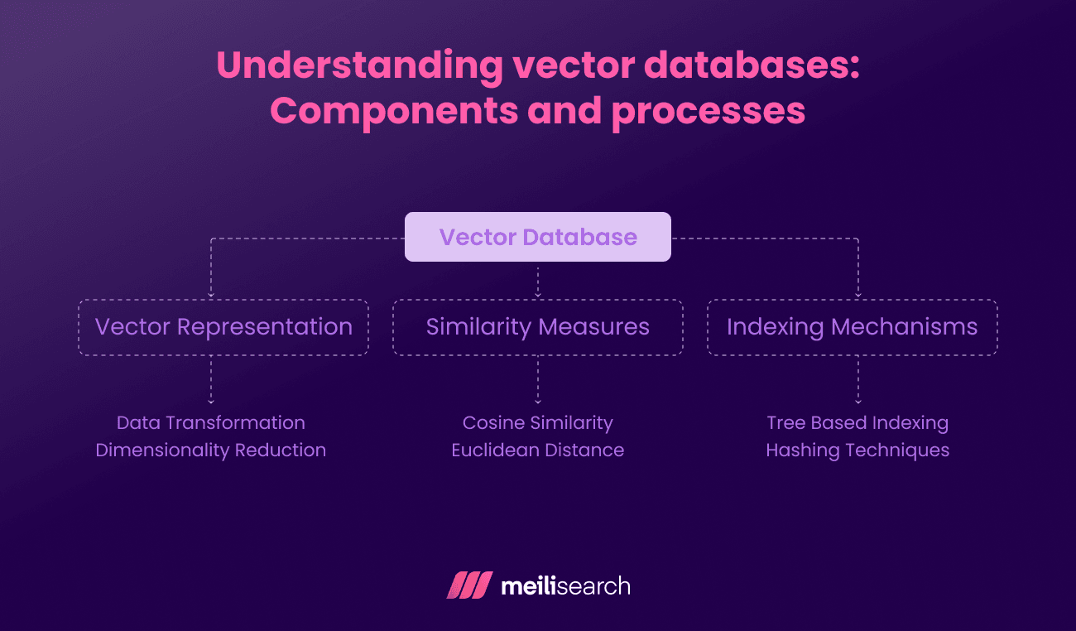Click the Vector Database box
coord(537,237)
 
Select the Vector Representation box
coord(223,327)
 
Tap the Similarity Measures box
coord(537,327)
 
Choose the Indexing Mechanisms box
coord(852,327)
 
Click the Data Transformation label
coord(211,422)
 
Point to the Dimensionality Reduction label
coord(211,450)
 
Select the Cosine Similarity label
coord(537,422)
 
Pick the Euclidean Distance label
coord(537,450)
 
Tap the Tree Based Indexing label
coord(857,422)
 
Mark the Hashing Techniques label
coord(857,450)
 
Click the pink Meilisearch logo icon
coord(469,585)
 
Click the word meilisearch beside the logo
coord(565,586)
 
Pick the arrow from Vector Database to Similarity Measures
coord(538,281)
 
